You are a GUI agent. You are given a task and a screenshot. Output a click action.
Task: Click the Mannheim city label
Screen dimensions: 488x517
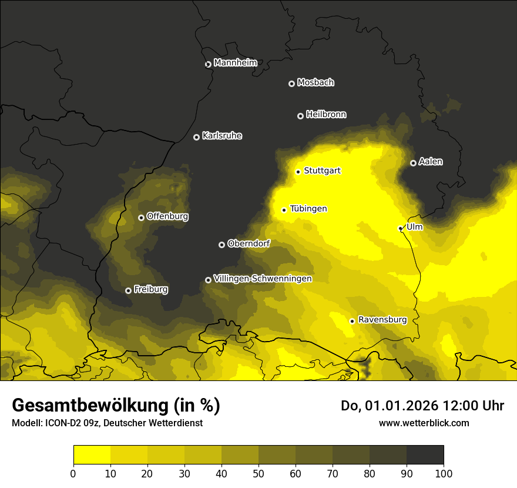click(235, 63)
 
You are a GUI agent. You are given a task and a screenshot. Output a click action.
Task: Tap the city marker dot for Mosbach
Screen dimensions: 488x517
click(291, 83)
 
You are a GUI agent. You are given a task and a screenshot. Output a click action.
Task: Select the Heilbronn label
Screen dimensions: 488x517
click(326, 115)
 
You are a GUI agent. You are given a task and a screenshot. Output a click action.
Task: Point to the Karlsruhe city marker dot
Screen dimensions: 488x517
click(196, 137)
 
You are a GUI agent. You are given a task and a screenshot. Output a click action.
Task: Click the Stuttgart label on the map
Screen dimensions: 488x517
click(322, 171)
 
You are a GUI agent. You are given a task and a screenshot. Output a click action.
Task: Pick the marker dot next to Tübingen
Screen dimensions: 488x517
click(284, 210)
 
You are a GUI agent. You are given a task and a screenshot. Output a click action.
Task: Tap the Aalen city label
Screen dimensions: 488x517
click(431, 162)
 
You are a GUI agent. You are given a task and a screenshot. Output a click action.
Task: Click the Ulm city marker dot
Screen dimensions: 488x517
click(400, 228)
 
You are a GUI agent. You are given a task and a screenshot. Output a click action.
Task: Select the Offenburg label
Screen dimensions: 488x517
click(167, 216)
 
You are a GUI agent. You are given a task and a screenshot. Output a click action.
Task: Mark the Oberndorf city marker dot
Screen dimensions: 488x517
click(221, 245)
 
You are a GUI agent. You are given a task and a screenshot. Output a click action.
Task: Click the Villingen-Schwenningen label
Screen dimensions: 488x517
click(263, 279)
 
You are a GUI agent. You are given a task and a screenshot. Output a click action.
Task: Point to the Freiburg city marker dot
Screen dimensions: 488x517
click(128, 290)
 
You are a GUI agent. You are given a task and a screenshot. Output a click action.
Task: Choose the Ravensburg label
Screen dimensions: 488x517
click(382, 320)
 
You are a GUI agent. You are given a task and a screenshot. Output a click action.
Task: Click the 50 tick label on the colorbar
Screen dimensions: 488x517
click(258, 473)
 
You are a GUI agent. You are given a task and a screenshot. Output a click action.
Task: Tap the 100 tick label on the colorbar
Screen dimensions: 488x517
click(444, 473)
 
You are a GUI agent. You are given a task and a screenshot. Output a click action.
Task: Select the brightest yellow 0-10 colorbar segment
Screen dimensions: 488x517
click(92, 455)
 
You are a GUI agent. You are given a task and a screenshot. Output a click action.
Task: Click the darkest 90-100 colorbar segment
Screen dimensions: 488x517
click(425, 455)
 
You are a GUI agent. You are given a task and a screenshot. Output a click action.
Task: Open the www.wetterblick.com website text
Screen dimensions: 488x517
click(424, 423)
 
